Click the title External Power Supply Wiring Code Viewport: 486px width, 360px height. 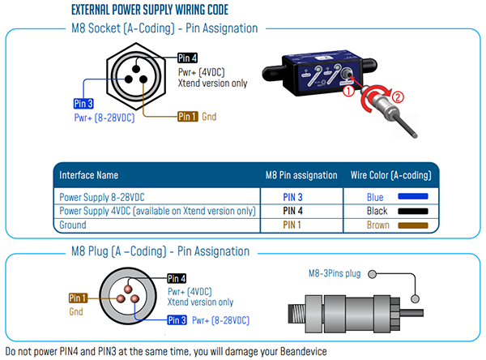(150, 11)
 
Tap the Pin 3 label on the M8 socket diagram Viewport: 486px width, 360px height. (85, 104)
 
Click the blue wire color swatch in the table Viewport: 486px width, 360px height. (416, 196)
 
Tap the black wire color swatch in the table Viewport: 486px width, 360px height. (416, 211)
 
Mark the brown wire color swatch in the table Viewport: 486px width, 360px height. (416, 225)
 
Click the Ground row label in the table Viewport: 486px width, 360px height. (78, 225)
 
